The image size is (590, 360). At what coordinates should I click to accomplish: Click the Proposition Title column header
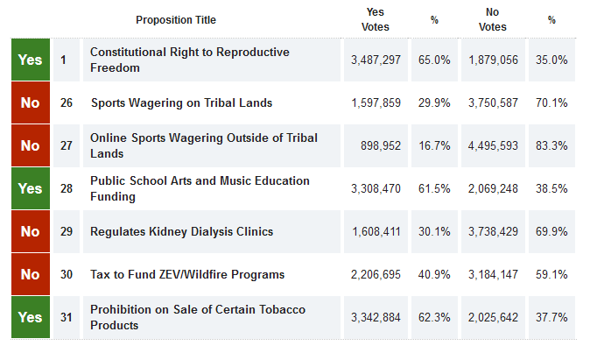click(x=176, y=20)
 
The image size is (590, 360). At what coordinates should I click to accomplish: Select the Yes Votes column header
click(x=376, y=19)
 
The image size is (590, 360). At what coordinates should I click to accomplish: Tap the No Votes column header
click(x=493, y=19)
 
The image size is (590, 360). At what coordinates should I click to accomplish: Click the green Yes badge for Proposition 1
click(x=30, y=60)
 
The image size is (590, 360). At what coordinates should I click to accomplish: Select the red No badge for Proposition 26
click(x=30, y=102)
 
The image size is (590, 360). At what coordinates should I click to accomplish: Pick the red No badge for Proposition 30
click(x=30, y=274)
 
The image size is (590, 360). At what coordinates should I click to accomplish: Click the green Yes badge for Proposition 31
click(x=30, y=317)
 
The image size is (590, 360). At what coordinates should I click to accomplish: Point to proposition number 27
click(x=67, y=145)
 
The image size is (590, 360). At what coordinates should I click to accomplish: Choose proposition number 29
click(x=67, y=231)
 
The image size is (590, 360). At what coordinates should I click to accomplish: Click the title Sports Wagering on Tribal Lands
click(x=181, y=102)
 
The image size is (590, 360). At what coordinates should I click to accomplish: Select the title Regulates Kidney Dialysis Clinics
click(x=182, y=231)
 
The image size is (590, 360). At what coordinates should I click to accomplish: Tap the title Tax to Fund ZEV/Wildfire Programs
click(x=187, y=274)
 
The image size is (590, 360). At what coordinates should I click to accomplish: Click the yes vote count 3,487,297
click(x=376, y=60)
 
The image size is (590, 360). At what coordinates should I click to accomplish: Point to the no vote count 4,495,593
click(x=493, y=145)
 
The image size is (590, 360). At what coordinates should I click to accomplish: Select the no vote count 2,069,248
click(x=493, y=188)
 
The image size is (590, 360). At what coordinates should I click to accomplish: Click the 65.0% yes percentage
click(x=434, y=60)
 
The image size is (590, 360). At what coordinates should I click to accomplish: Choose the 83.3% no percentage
click(x=551, y=145)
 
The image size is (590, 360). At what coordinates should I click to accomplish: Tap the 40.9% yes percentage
click(x=434, y=274)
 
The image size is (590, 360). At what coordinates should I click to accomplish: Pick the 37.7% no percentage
click(x=551, y=317)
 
